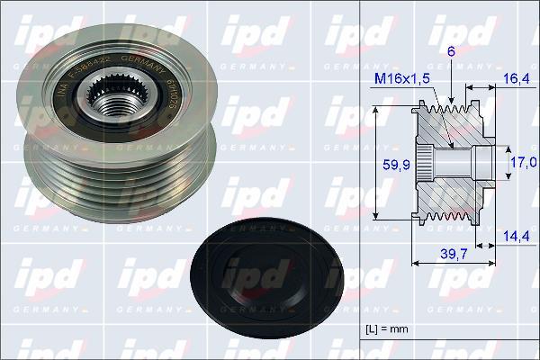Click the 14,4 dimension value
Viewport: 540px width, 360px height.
click(516, 236)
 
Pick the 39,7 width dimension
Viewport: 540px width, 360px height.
click(454, 256)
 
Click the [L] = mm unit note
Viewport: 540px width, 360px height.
click(388, 329)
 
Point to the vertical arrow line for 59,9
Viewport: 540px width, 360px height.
click(377, 162)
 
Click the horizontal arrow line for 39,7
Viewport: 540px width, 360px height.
click(453, 264)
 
